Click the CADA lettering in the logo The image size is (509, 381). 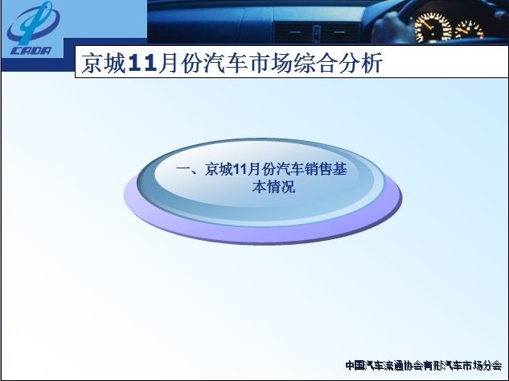coord(31,51)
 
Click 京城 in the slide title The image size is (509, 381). coord(104,63)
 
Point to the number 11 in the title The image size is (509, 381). coord(142,63)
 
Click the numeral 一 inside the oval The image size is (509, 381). coord(183,169)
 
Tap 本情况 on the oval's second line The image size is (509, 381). coord(273,187)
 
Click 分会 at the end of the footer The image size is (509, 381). coord(492,366)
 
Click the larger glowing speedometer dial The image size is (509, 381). coord(433,27)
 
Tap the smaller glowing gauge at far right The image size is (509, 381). coord(469,30)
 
